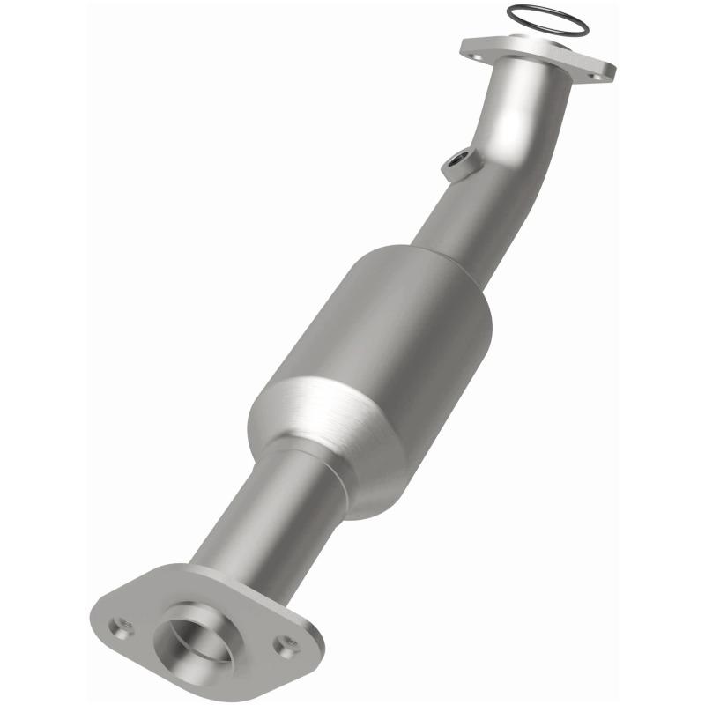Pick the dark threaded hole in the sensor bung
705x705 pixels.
[x=456, y=160]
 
